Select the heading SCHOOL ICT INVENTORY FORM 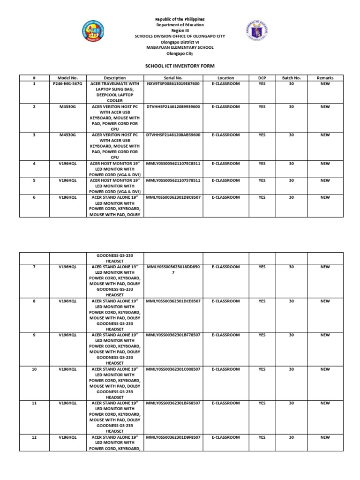(x=180, y=66)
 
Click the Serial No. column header (x=173, y=78)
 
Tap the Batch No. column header (x=291, y=78)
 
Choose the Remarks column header (x=325, y=78)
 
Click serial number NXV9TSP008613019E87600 (x=173, y=83)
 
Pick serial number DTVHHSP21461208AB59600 (x=173, y=135)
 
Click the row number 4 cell (x=34, y=164)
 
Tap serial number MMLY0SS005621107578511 (x=173, y=180)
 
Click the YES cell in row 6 (x=262, y=197)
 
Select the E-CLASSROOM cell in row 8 (x=225, y=301)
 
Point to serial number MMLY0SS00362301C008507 (x=173, y=369)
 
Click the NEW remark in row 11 (x=325, y=403)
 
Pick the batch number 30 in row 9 (x=291, y=335)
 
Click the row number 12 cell (x=34, y=437)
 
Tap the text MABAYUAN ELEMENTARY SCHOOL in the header (x=180, y=47)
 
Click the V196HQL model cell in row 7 (x=68, y=267)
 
